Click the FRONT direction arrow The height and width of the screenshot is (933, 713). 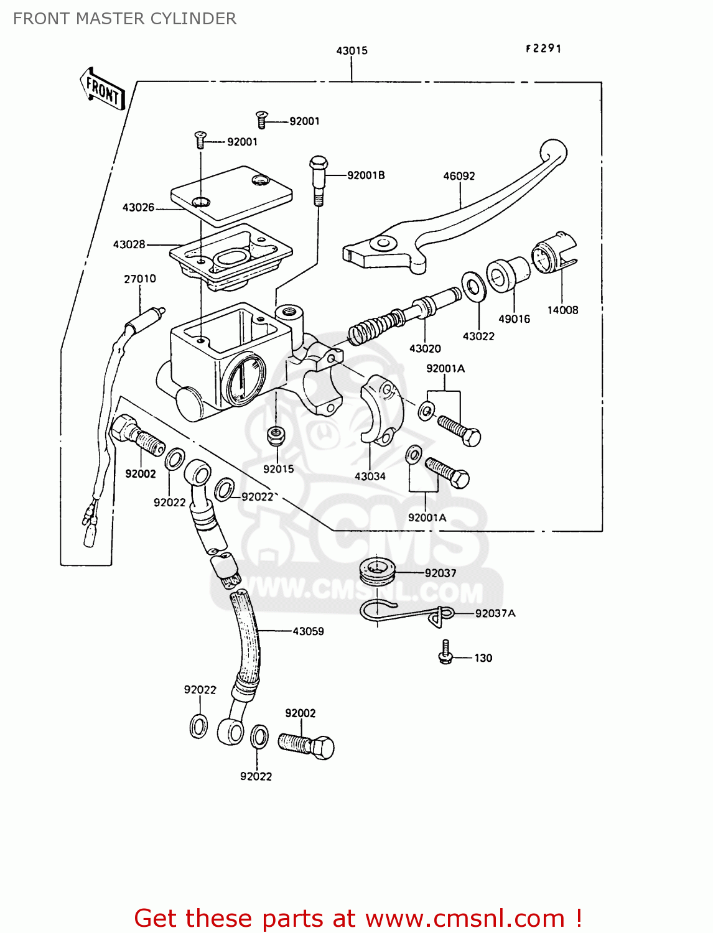(103, 91)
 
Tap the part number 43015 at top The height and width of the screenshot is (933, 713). (352, 50)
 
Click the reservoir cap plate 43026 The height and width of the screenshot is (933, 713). (231, 194)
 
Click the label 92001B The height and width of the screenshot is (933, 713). (366, 175)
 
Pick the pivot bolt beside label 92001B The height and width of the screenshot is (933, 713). (318, 180)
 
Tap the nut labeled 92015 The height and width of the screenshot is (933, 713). (275, 435)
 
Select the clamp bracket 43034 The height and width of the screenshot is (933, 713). (381, 411)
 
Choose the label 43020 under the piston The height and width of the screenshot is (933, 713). (425, 349)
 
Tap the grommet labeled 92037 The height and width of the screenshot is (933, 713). (377, 571)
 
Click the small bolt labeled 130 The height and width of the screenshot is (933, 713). (445, 652)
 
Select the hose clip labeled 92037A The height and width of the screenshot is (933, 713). (404, 613)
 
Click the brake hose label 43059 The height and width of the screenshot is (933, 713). (308, 631)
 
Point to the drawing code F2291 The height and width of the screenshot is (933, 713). (543, 49)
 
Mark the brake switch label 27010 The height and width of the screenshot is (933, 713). (140, 279)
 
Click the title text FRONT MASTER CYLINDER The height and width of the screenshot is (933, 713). (124, 19)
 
